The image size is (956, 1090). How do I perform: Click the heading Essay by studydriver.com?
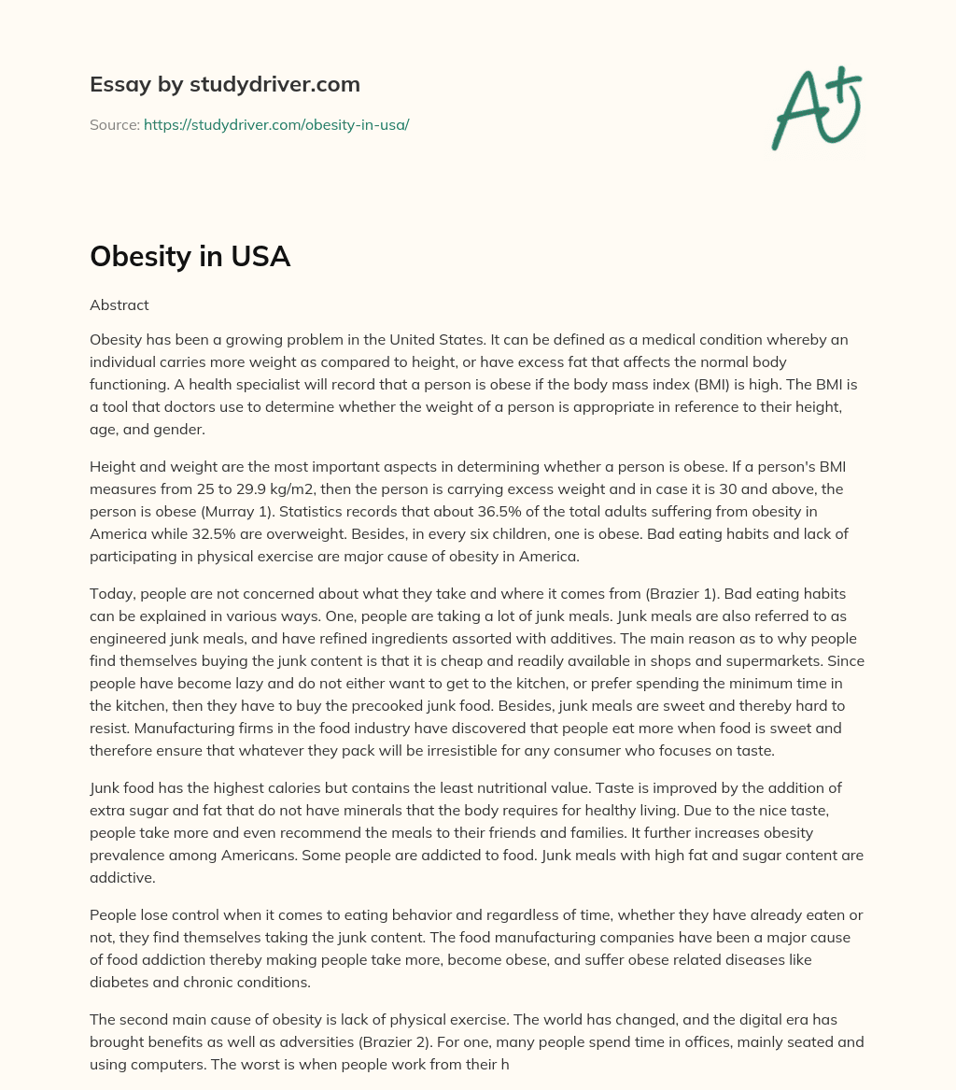coord(225,84)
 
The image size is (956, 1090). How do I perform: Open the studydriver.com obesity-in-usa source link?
coord(276,124)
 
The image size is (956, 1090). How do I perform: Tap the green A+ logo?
coord(816,107)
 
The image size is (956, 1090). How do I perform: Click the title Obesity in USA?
coord(190,256)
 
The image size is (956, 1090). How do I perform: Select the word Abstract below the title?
coord(119,304)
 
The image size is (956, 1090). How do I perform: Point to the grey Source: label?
coord(115,124)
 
